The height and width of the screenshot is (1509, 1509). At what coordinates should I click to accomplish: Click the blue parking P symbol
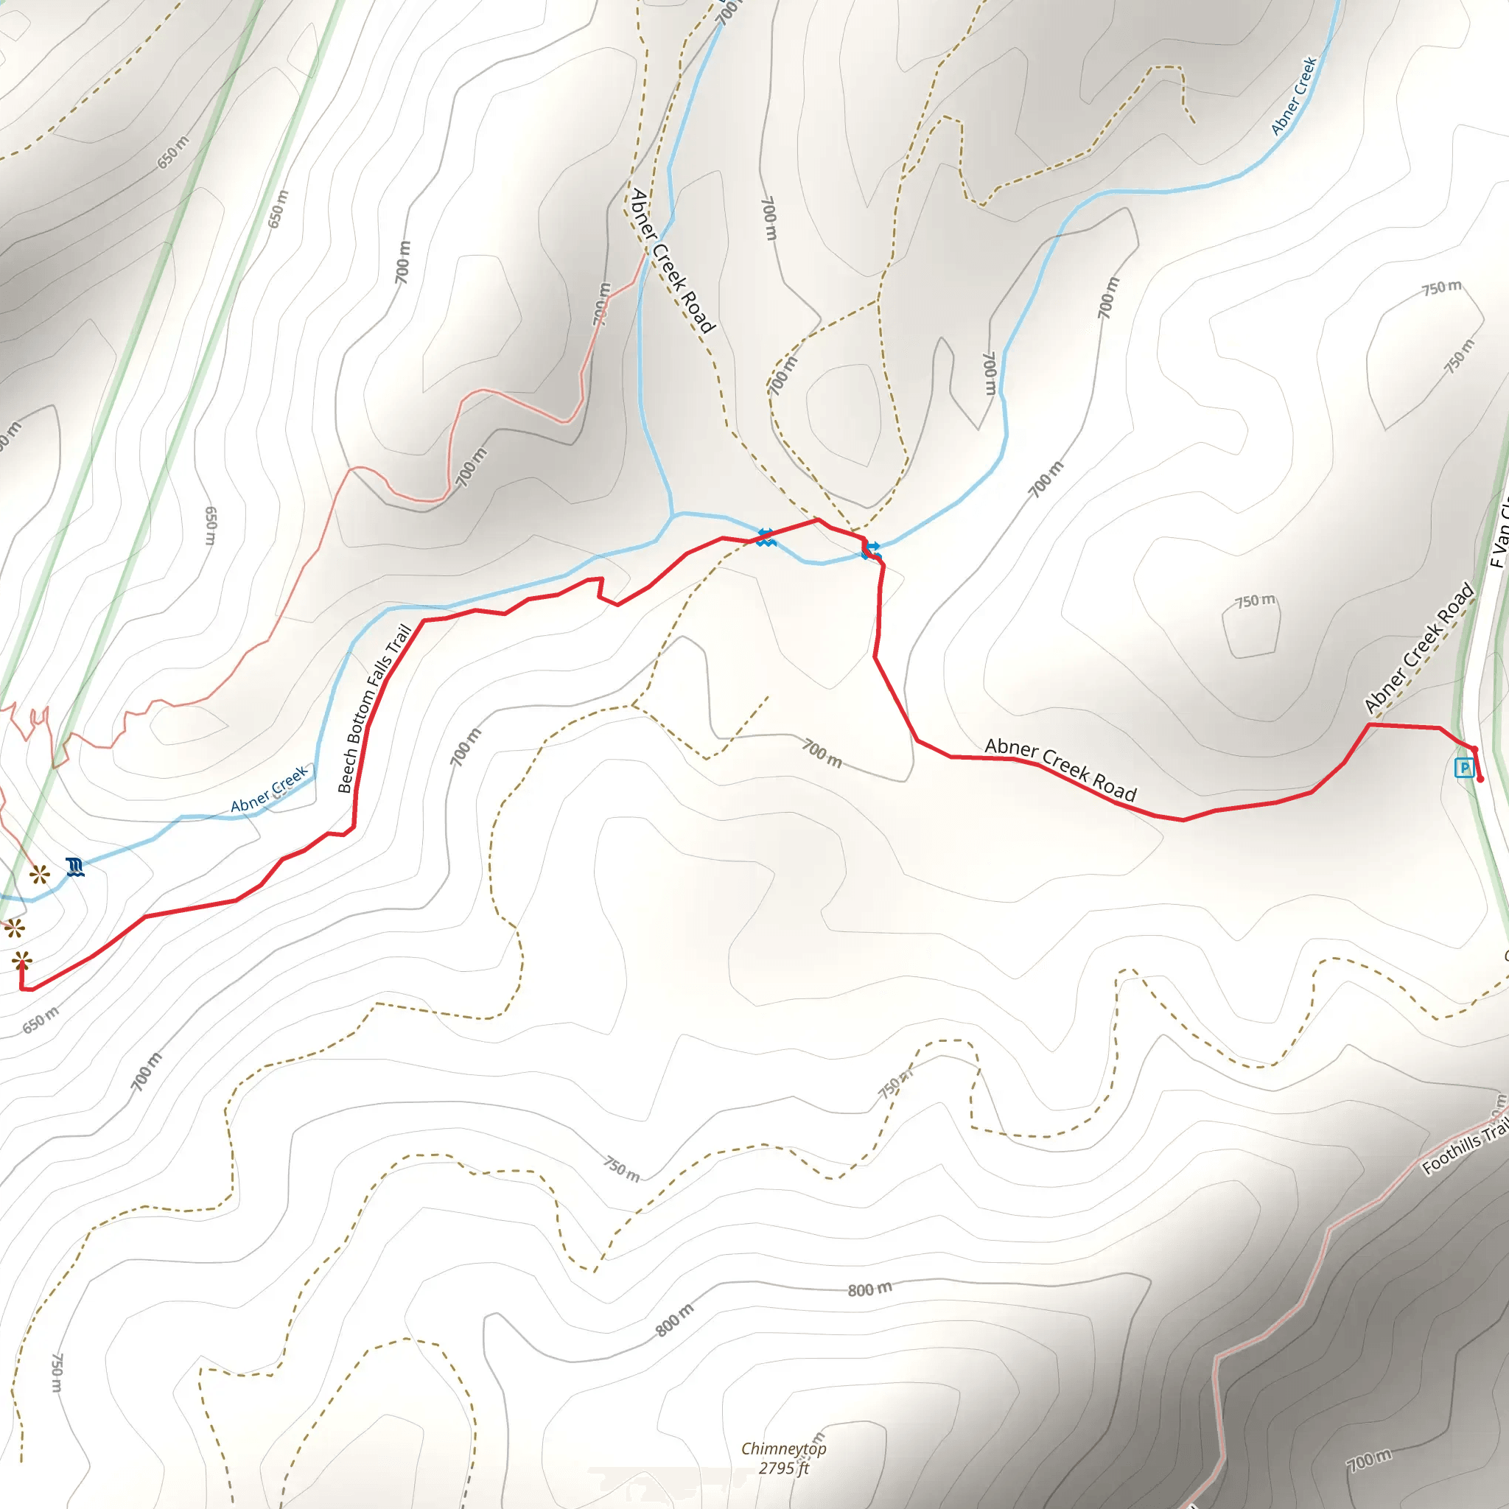tap(1465, 768)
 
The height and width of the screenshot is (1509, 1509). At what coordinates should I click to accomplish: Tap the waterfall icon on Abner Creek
tap(75, 867)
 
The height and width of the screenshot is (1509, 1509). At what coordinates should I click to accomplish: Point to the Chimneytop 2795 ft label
tap(783, 1457)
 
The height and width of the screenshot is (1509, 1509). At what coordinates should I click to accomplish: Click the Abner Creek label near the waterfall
tap(270, 790)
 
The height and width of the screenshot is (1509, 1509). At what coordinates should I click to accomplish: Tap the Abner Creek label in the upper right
tap(1294, 96)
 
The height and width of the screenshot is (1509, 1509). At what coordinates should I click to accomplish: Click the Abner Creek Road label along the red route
tap(1060, 769)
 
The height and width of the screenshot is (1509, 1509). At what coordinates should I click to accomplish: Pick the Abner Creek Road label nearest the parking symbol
tap(1418, 648)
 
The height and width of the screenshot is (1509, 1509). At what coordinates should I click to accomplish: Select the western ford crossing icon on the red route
tap(766, 536)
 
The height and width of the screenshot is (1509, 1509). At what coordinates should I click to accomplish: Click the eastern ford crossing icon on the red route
tap(872, 550)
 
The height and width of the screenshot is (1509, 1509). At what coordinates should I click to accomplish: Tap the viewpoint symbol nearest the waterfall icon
tap(39, 875)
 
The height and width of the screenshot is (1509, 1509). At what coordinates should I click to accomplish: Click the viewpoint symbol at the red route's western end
tap(22, 960)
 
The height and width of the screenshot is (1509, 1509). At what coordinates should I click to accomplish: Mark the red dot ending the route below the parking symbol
tap(1480, 780)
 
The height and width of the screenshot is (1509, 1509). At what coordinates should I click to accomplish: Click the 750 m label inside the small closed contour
tap(1255, 601)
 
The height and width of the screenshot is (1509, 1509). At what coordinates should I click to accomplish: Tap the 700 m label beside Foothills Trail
tap(1370, 1459)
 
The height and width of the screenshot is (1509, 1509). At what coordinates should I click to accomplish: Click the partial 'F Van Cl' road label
tap(1499, 536)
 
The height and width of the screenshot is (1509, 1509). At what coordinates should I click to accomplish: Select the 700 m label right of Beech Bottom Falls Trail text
tap(466, 746)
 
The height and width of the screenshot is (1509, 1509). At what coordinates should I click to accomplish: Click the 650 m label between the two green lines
tap(278, 209)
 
